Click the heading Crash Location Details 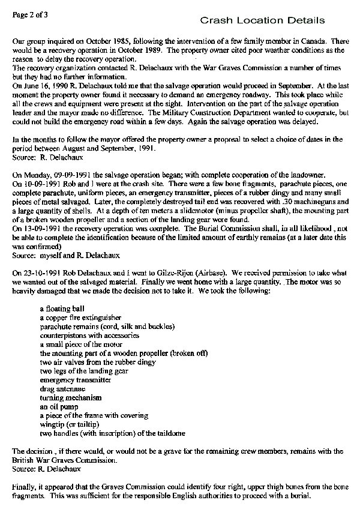(263, 21)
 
